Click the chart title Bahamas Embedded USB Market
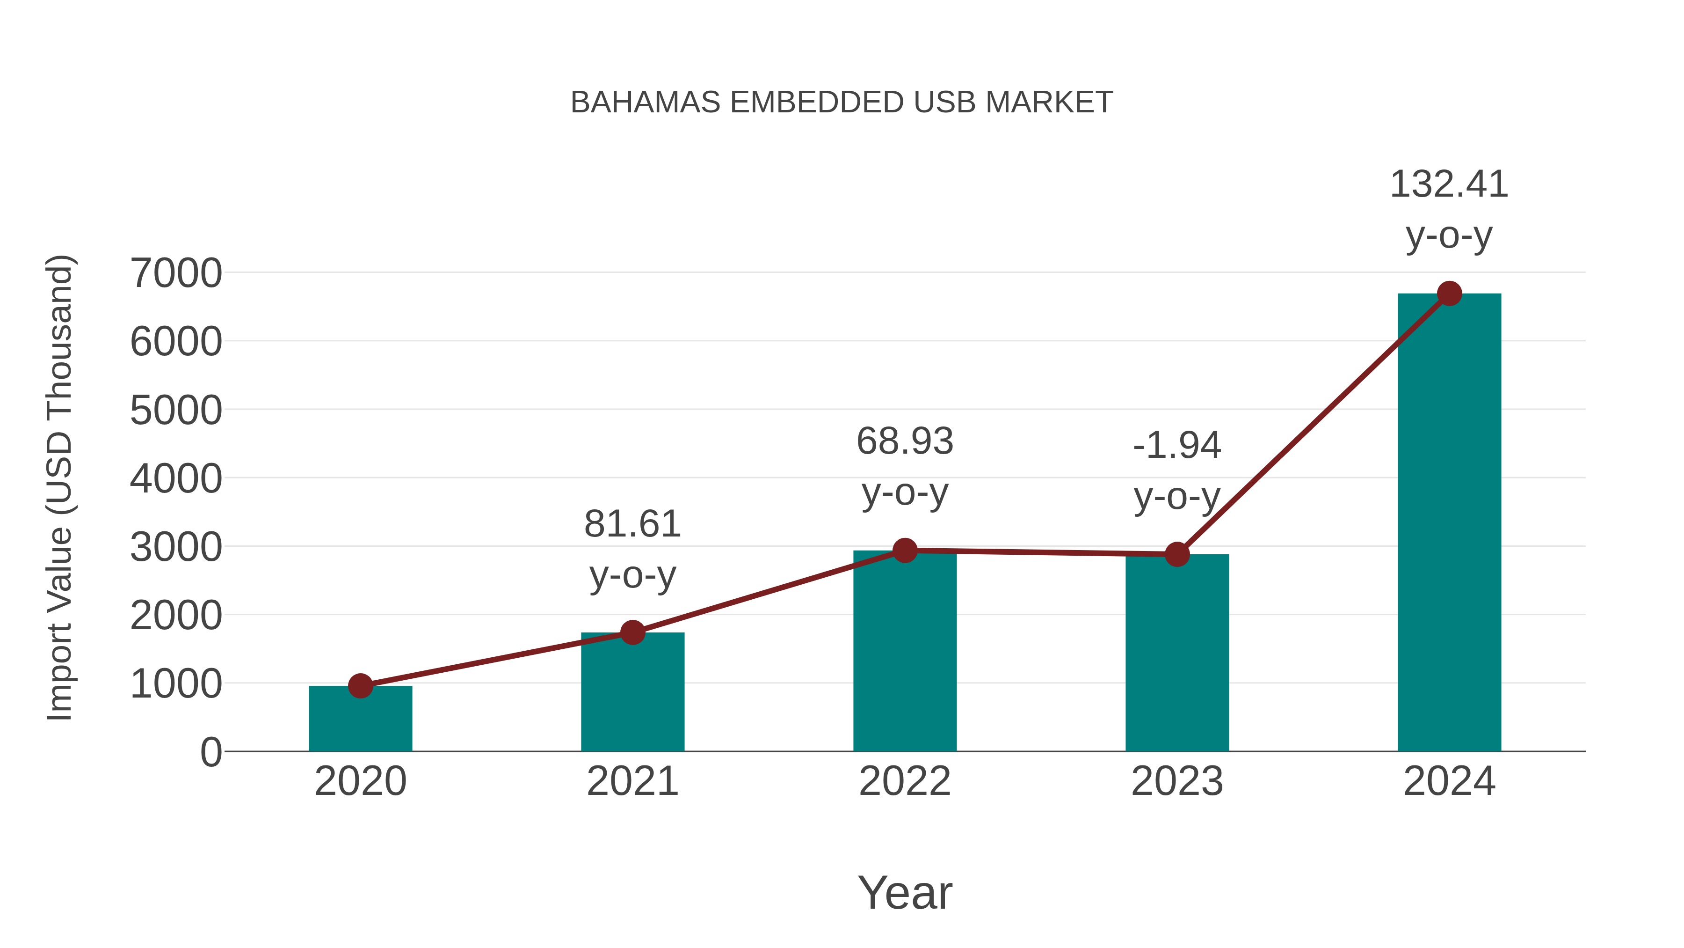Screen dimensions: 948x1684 coord(842,103)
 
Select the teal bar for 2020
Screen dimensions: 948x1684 coord(360,720)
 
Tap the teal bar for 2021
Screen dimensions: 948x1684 coord(632,693)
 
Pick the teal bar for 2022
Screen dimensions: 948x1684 coord(905,654)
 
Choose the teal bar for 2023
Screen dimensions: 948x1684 coord(1177,654)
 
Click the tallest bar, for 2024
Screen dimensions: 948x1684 coord(1449,523)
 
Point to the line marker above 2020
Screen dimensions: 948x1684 coord(360,686)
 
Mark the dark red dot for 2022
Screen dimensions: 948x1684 coord(905,551)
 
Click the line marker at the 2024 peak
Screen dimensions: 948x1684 coord(1449,294)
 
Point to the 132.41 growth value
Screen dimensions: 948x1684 coord(1449,184)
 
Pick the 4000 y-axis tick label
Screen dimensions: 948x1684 coord(176,479)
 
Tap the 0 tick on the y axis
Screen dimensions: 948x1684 coord(210,752)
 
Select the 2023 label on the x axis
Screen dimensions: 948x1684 coord(1177,782)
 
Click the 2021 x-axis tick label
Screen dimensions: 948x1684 coord(632,782)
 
